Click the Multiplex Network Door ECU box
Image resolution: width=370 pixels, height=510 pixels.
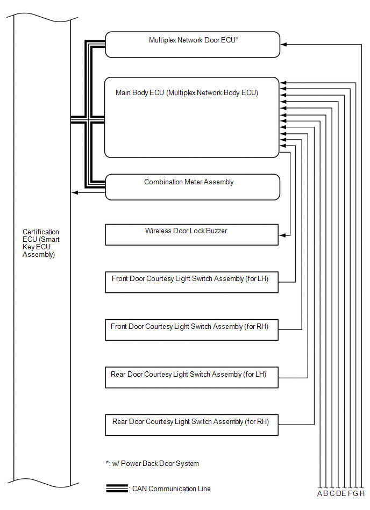(x=193, y=45)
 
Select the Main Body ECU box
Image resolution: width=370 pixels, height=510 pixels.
(x=191, y=117)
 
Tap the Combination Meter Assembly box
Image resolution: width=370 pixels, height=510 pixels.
(x=193, y=187)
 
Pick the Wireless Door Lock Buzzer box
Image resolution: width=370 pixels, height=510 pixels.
(x=191, y=235)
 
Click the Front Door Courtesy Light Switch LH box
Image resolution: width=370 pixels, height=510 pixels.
(x=191, y=282)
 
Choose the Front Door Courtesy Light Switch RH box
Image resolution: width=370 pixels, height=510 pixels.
(x=191, y=329)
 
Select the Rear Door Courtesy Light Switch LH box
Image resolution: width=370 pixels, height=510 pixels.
(x=191, y=377)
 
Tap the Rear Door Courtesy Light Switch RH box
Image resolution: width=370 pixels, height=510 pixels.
(x=191, y=425)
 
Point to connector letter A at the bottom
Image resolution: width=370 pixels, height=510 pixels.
(x=320, y=493)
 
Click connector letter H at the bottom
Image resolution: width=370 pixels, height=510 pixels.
(x=362, y=493)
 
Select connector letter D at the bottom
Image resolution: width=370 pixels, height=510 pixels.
(x=338, y=493)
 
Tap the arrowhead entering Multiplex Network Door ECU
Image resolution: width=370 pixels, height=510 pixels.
(x=283, y=45)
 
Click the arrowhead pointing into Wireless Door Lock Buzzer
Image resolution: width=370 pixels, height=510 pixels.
(x=282, y=235)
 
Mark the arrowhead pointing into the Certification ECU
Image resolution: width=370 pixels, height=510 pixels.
(x=74, y=192)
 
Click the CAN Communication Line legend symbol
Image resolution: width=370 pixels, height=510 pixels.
(x=117, y=489)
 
